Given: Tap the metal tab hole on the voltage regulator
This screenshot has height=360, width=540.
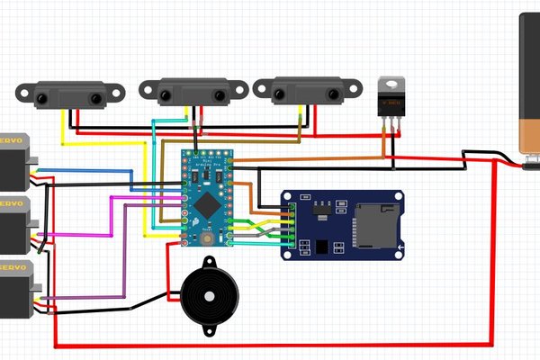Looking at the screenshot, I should point(389,84).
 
